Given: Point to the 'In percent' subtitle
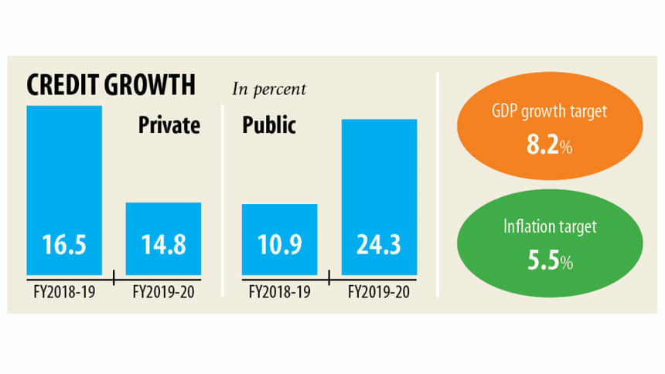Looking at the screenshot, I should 269,89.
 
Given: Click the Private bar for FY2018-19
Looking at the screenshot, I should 64,178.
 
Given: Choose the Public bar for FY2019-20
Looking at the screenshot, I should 379,185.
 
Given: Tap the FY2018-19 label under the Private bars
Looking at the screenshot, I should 64,291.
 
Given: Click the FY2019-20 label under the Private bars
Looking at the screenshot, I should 163,291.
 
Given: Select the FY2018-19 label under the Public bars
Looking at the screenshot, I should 279,291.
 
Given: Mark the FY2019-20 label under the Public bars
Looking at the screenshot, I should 379,291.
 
